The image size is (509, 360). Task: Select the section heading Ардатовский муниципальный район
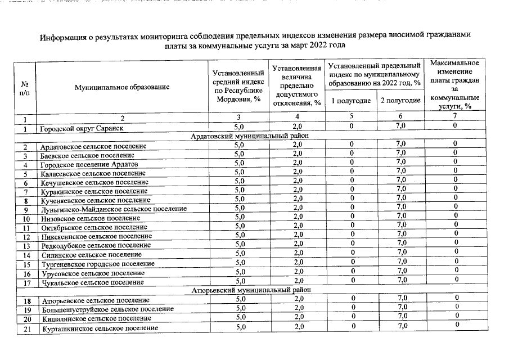249,137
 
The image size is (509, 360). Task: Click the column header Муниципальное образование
121,87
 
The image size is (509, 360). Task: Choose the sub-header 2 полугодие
400,101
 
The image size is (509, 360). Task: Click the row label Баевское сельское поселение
87,155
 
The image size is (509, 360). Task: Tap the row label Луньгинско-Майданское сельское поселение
113,209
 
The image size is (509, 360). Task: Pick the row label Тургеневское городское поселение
97,264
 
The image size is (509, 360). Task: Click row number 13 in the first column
26,246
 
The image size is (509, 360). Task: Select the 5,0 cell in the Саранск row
239,127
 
